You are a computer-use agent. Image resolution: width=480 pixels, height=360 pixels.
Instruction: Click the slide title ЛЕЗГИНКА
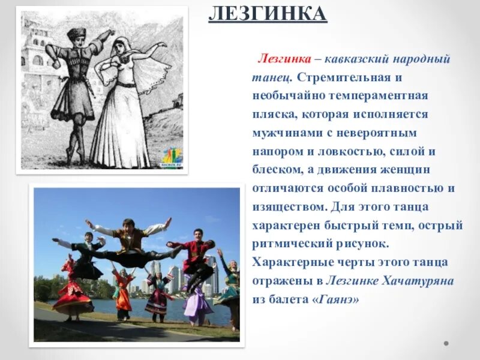click(268, 13)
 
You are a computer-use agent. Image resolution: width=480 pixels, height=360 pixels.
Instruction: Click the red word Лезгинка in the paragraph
click(284, 59)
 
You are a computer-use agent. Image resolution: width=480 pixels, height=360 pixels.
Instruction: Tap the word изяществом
click(288, 207)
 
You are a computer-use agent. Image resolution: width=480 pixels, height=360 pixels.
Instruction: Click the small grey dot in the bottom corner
click(446, 344)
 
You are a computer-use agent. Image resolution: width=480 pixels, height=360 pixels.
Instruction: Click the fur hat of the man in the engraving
click(76, 34)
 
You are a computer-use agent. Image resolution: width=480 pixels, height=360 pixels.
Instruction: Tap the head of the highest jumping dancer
click(128, 224)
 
